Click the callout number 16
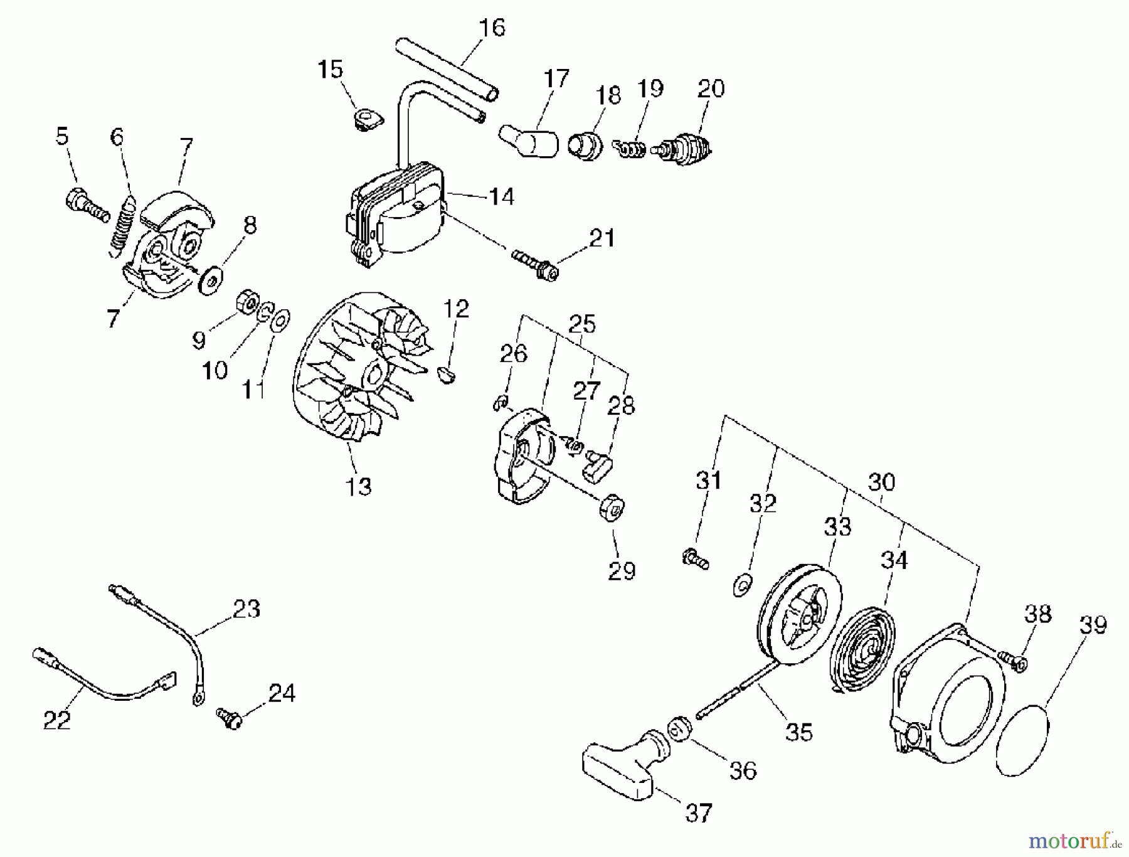click(491, 28)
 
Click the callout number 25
click(581, 324)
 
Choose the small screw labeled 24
click(230, 718)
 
